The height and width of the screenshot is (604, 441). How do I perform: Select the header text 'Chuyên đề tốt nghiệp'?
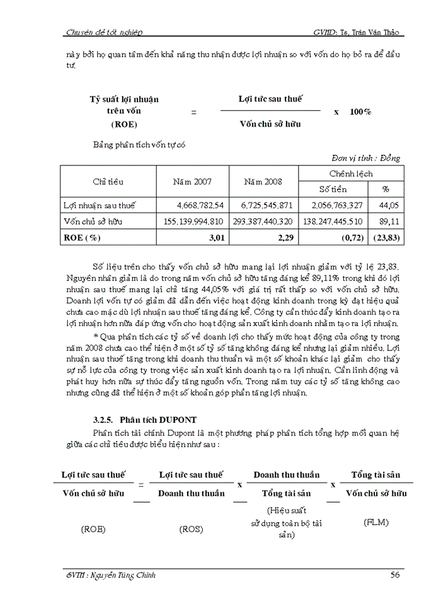[x=105, y=32]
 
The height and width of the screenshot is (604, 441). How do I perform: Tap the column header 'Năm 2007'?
[x=192, y=182]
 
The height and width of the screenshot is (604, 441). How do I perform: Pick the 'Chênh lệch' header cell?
[x=351, y=174]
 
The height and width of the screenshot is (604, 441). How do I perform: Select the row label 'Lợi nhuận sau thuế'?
[x=100, y=205]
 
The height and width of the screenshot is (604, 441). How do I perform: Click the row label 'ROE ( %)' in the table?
[x=83, y=238]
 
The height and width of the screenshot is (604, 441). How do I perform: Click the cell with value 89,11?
[x=390, y=221]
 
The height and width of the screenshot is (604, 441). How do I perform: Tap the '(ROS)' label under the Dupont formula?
[x=191, y=529]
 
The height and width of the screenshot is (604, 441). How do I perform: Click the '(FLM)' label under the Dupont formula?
[x=376, y=522]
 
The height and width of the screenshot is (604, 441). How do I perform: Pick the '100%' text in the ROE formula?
[x=360, y=111]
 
